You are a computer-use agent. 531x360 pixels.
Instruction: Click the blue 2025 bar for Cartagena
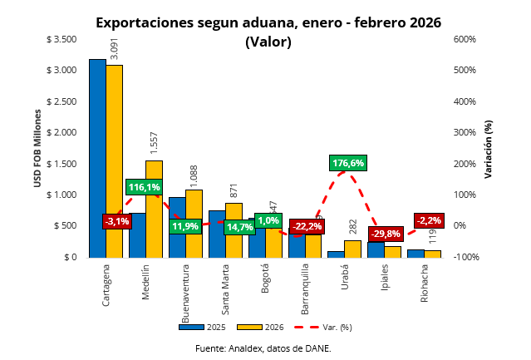click(x=97, y=158)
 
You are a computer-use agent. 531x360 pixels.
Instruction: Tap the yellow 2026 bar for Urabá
click(x=352, y=249)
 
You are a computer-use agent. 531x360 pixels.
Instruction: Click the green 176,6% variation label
click(x=347, y=163)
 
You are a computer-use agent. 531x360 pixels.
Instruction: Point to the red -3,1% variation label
click(x=116, y=221)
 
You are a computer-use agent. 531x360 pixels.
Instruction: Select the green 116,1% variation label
click(x=144, y=187)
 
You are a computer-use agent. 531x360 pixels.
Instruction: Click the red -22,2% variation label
click(x=307, y=225)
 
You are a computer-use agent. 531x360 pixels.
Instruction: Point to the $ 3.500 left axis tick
click(x=61, y=39)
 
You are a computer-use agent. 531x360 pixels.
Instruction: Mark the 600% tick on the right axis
click(x=464, y=39)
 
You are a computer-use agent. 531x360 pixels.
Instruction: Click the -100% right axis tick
click(x=465, y=257)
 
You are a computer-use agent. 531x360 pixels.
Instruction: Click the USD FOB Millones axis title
click(x=37, y=147)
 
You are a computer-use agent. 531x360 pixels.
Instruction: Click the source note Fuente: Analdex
click(x=263, y=348)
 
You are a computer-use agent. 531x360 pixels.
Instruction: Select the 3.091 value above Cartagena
click(x=115, y=49)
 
